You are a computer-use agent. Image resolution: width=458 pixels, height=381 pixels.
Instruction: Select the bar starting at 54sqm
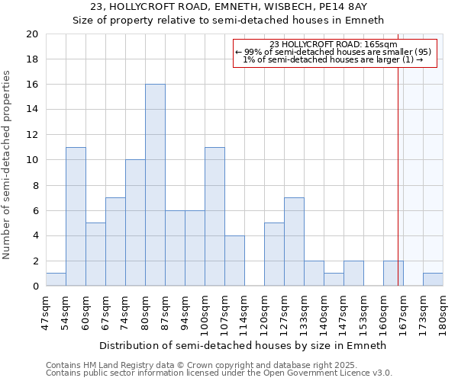pos(76,216)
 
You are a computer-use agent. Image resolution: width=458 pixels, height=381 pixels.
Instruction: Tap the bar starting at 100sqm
pos(214,216)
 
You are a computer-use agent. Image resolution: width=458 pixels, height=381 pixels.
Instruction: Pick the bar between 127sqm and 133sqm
pos(294,242)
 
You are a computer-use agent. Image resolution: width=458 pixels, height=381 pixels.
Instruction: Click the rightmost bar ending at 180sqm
pos(433,280)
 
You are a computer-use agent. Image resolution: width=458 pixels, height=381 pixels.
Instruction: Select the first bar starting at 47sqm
pos(56,280)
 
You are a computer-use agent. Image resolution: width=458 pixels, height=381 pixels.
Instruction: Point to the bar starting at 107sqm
pos(234,261)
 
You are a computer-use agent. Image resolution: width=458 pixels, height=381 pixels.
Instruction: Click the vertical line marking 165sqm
pos(398,168)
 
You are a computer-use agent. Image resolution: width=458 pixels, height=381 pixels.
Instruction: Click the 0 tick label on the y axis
pos(34,287)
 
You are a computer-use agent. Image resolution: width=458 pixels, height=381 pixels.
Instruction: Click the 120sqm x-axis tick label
pos(264,312)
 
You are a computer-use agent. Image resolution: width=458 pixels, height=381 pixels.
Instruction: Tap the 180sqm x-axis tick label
pos(443,312)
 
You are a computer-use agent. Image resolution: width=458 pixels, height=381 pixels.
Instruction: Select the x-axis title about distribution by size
pos(244,345)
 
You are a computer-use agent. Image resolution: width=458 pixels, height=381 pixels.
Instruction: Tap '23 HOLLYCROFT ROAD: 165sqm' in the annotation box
pos(334,45)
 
